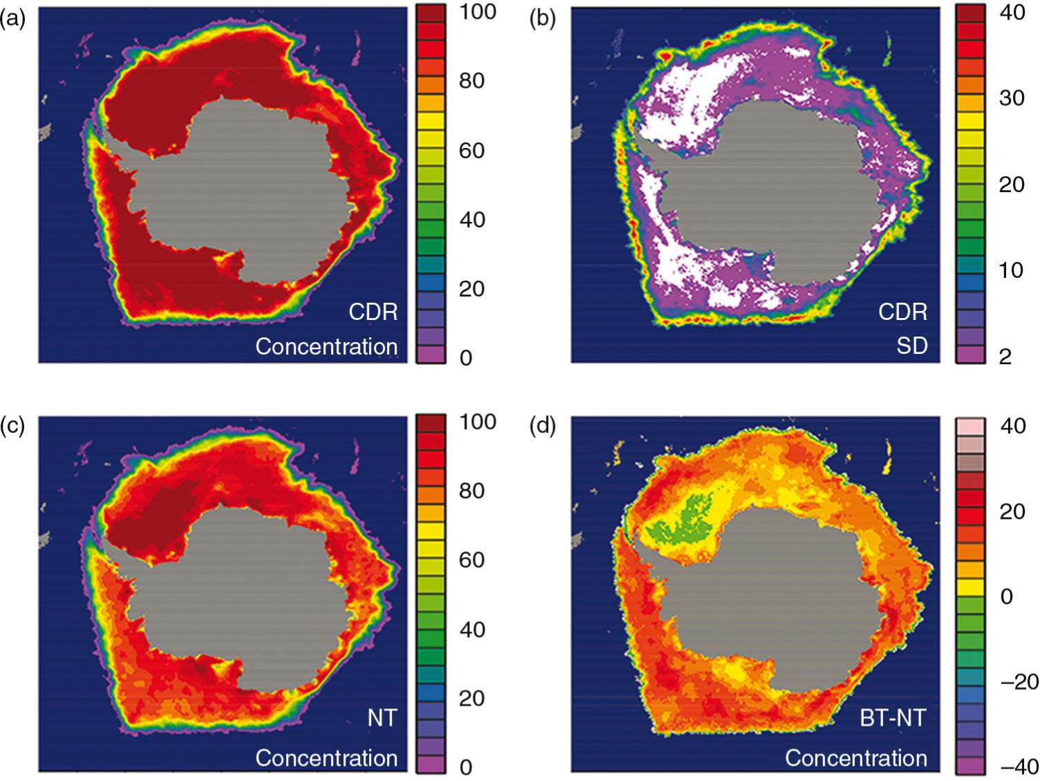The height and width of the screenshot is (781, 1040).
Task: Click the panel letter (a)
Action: click(12, 19)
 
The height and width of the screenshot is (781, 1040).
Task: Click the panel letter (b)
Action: click(542, 19)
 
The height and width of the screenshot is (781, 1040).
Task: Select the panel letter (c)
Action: click(12, 426)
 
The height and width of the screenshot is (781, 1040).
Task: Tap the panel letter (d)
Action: click(542, 426)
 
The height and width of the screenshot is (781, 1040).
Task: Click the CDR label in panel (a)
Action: click(373, 312)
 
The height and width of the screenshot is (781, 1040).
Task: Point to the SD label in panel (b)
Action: click(912, 345)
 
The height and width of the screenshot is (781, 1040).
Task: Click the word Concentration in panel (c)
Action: click(326, 758)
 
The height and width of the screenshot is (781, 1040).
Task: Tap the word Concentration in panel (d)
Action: click(856, 758)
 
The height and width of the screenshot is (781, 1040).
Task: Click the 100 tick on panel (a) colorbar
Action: click(478, 12)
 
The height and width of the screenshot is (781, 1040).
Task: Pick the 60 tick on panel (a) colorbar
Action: click(472, 150)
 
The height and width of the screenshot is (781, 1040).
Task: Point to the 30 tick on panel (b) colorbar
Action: click(1012, 97)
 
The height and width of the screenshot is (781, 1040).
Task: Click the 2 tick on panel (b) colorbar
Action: click(1005, 356)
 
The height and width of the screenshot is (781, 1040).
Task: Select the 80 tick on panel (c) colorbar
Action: click(472, 491)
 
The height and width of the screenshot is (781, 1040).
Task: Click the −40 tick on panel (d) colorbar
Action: click(1019, 766)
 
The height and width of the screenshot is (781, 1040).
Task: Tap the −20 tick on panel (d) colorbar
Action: click(1019, 681)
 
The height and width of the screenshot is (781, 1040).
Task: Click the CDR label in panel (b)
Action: click(902, 312)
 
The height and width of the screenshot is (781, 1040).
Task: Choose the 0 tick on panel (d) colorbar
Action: click(1006, 596)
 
